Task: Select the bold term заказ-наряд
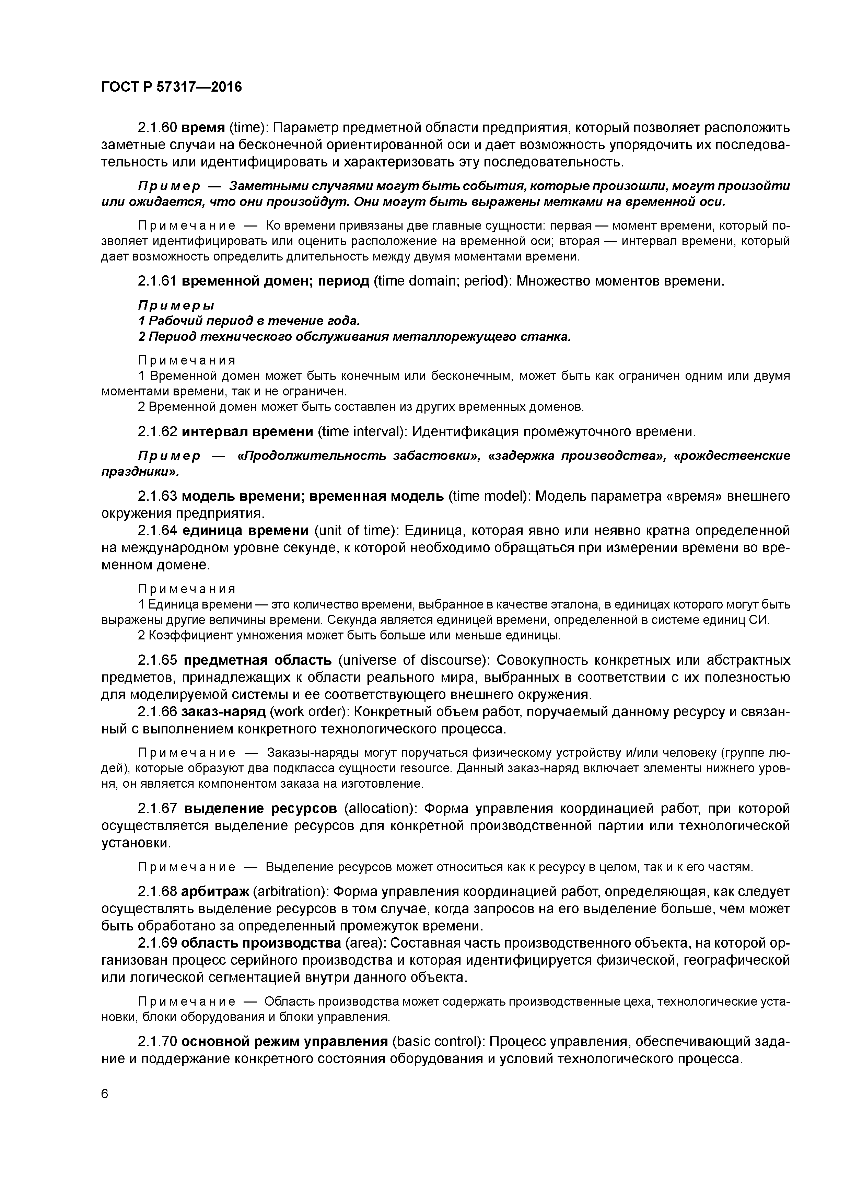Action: pos(223,711)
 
